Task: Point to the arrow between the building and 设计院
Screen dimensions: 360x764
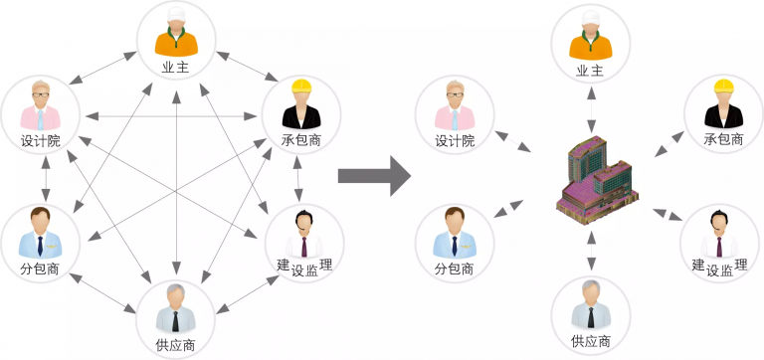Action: coord(517,143)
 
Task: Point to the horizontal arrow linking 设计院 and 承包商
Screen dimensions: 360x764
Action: coord(174,116)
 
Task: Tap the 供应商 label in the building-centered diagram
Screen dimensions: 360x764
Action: coord(591,343)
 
